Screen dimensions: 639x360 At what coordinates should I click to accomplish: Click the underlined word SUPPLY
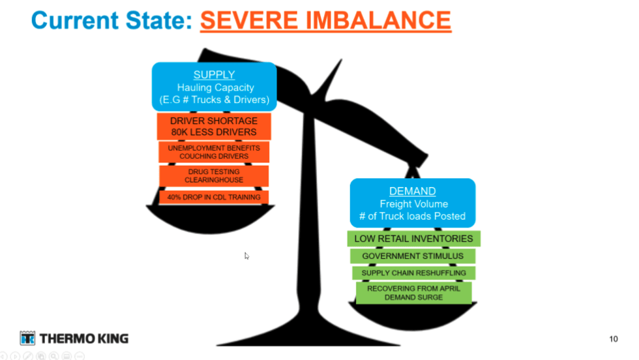click(x=214, y=74)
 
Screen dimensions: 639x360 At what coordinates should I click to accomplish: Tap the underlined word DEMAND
click(x=412, y=191)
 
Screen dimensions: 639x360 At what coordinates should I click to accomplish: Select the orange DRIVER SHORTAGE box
click(x=214, y=127)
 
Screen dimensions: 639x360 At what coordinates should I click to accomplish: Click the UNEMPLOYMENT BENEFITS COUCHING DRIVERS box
click(x=214, y=152)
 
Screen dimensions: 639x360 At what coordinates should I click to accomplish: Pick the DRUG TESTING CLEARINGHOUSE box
click(x=214, y=175)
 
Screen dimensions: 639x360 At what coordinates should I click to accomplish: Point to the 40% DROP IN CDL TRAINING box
click(x=214, y=198)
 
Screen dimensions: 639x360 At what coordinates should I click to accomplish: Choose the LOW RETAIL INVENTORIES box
click(x=413, y=239)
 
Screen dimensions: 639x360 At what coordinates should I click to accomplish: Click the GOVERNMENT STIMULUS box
click(x=413, y=256)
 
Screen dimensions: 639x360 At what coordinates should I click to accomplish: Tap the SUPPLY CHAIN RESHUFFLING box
click(x=413, y=273)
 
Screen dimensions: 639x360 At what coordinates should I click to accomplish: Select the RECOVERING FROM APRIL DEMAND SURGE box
click(x=413, y=293)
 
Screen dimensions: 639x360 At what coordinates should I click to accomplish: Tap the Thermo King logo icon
click(x=27, y=338)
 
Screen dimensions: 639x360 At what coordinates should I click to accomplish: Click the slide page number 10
click(x=614, y=338)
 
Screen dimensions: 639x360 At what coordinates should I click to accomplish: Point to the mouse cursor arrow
click(x=246, y=256)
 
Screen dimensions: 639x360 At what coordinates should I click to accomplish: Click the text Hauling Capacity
click(x=216, y=87)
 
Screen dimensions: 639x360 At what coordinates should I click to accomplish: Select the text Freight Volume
click(x=413, y=204)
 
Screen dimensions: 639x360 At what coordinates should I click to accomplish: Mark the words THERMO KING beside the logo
click(x=84, y=338)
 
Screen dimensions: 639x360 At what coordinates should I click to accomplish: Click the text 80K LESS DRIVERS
click(x=214, y=132)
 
